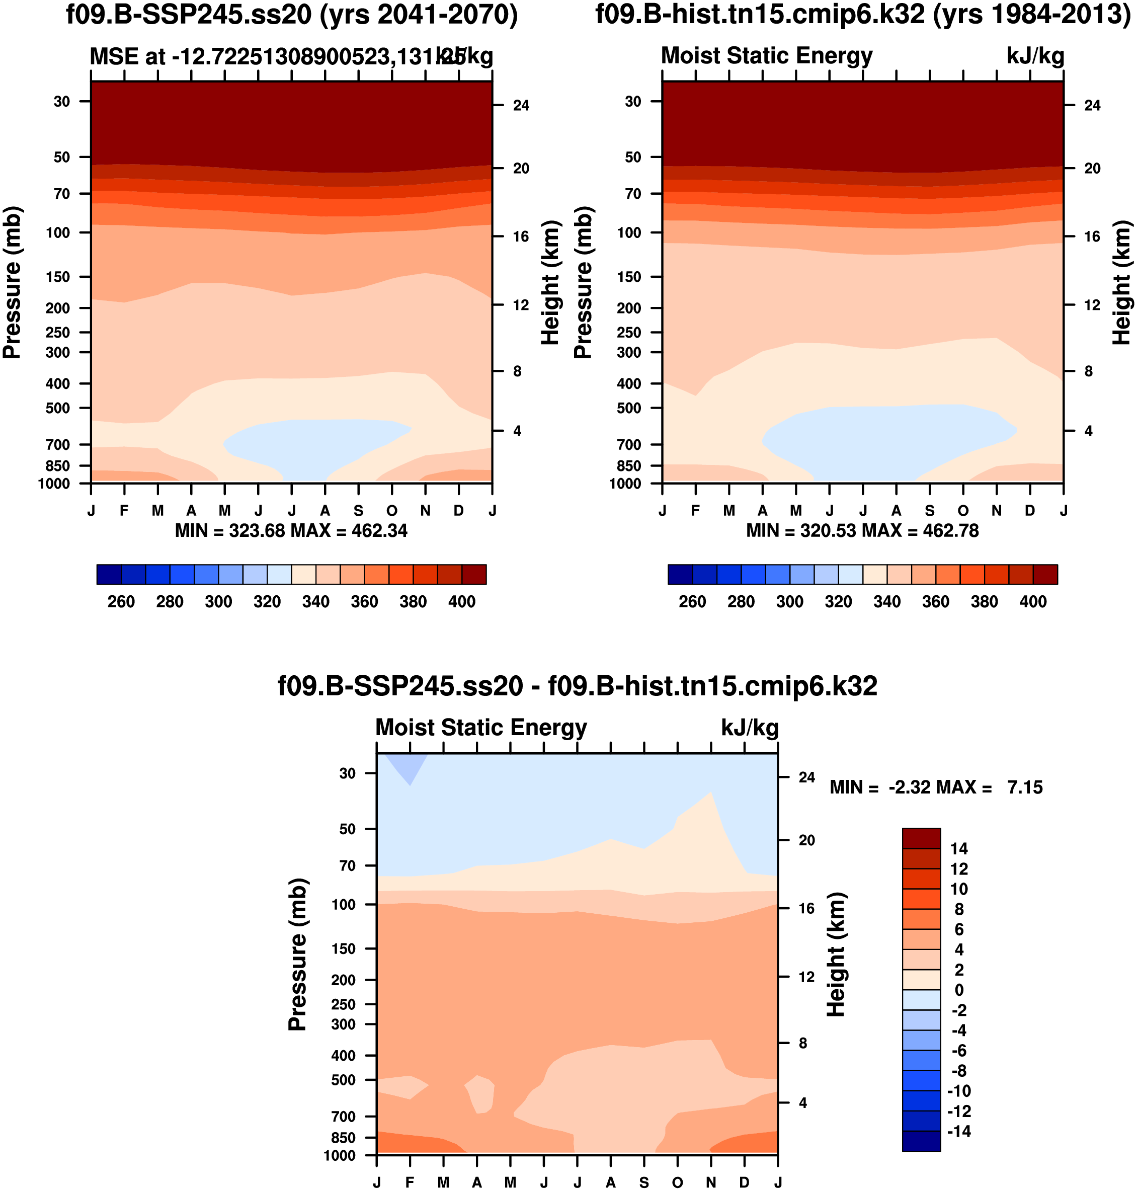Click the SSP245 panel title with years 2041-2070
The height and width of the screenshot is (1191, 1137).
click(x=291, y=15)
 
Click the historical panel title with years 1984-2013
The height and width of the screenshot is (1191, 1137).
click(x=862, y=15)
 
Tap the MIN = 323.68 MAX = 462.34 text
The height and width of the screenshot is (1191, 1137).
click(x=291, y=531)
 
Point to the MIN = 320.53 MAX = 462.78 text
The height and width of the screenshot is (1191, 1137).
click(x=862, y=531)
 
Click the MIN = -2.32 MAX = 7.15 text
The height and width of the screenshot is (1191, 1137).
click(x=936, y=787)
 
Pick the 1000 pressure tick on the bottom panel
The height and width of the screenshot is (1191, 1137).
click(x=340, y=1155)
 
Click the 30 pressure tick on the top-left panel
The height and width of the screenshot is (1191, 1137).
click(x=62, y=101)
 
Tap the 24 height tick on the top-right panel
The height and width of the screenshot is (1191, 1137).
click(x=1092, y=106)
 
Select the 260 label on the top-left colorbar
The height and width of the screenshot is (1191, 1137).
click(x=121, y=602)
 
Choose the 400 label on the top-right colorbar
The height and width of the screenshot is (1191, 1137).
click(x=1033, y=602)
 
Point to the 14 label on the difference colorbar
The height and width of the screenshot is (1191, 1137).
click(x=959, y=848)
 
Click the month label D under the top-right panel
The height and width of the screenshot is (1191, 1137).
click(x=1030, y=511)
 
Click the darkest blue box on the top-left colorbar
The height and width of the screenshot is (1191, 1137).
click(x=109, y=575)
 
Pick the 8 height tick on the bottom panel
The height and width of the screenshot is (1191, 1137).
click(x=802, y=1043)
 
